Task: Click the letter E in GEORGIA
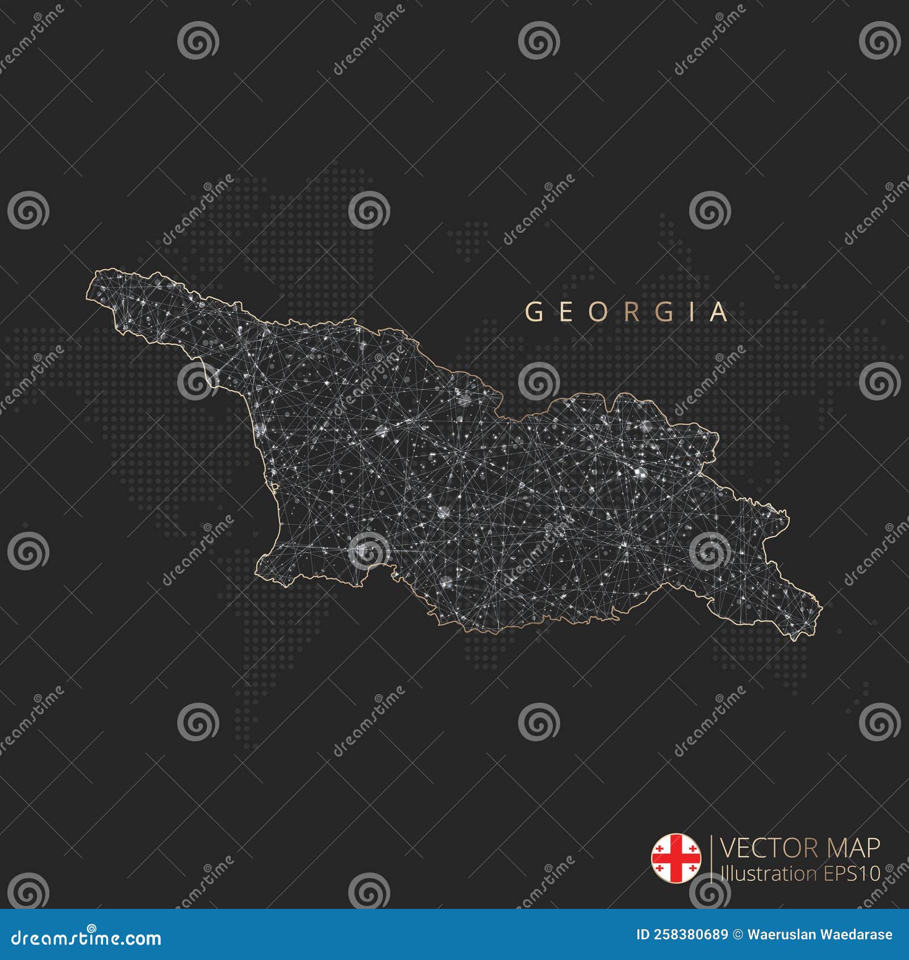click(x=566, y=312)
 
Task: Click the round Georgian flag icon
click(x=676, y=858)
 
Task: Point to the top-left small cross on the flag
click(x=660, y=849)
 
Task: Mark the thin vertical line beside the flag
click(x=711, y=858)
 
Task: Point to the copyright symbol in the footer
click(x=738, y=934)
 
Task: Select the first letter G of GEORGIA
click(x=533, y=312)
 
